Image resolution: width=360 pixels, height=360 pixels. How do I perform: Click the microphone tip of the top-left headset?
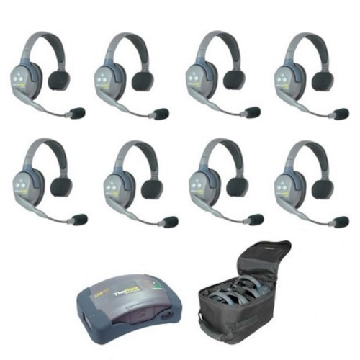pyautogui.click(x=78, y=112)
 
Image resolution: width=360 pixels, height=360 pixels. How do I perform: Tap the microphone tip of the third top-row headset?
pyautogui.click(x=251, y=112)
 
